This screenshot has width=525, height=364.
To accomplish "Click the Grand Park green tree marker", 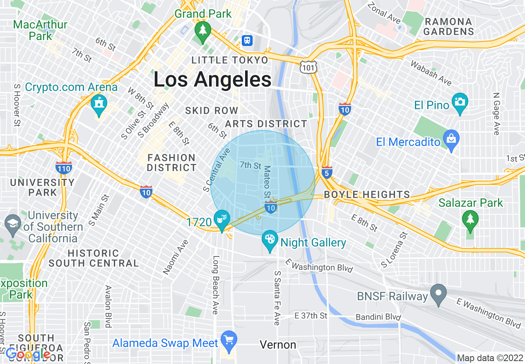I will point(202,31).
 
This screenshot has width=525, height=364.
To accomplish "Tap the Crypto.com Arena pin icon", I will point(99,103).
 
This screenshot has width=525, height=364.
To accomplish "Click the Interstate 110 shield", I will point(64,168).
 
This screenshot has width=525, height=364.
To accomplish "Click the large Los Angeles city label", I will point(212,79).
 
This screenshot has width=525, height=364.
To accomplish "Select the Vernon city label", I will point(278,345).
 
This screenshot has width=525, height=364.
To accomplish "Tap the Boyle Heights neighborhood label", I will point(367,194).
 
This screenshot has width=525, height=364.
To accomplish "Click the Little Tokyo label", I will point(230,60).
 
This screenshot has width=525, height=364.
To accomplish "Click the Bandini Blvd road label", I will point(378,318).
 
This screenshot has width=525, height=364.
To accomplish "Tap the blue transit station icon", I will point(247,40).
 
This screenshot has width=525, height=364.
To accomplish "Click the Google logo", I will point(28,354).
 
